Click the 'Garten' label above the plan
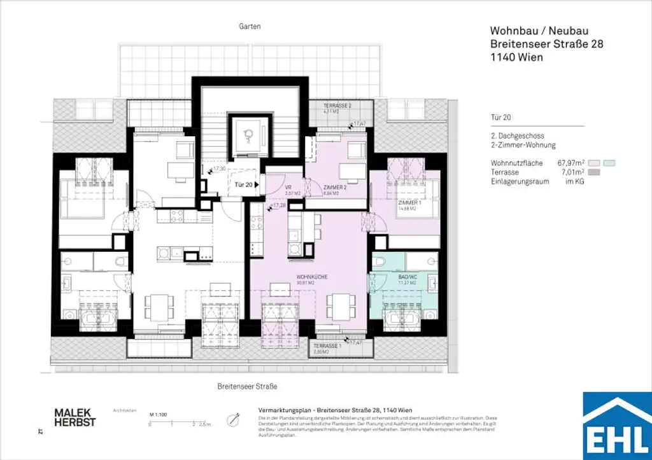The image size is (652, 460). [x=250, y=27]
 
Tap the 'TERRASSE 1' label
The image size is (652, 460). [x=327, y=345]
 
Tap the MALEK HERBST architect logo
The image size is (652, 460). [x=74, y=417]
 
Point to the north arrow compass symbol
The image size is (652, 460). [x=237, y=419]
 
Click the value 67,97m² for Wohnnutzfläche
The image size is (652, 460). [x=570, y=163]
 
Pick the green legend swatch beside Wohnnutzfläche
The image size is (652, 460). [x=610, y=163]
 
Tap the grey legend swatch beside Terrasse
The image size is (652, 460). [x=595, y=172]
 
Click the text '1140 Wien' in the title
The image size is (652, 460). [x=516, y=57]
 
